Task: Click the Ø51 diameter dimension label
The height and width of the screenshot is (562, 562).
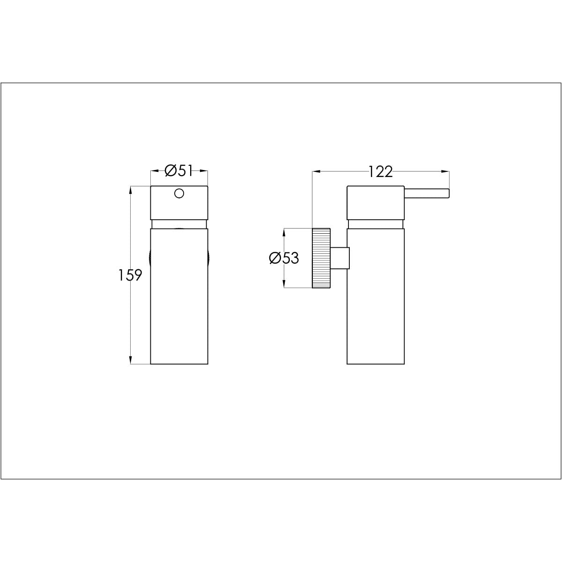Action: coord(179,171)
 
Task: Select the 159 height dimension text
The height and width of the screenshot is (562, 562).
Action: coord(130,275)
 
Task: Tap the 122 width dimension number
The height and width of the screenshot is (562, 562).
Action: coord(381,172)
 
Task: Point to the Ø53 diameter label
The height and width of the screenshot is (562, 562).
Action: coord(284,258)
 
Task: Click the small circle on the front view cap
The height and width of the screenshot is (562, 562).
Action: coord(179,193)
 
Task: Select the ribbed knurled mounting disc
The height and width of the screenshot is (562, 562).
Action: coord(321,258)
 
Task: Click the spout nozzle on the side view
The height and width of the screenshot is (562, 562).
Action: coord(427,193)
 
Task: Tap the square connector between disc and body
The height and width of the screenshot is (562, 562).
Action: coord(340,258)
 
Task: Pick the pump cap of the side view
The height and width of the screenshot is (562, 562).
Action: coord(375,202)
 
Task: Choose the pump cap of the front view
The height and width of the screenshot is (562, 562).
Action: coord(179,202)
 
